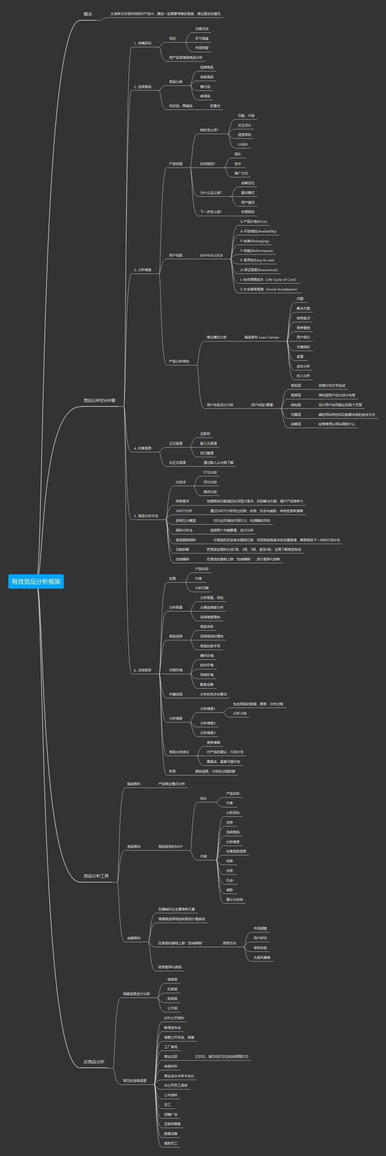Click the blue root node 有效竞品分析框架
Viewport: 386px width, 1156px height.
point(36,581)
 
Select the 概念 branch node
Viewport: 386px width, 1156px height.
point(88,14)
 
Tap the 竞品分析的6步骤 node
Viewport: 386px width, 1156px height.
point(99,400)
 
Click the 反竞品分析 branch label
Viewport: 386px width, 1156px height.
point(94,1062)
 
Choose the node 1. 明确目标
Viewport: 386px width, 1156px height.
point(143,43)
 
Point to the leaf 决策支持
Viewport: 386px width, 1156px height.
point(202,29)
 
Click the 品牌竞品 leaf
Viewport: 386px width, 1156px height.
point(207,67)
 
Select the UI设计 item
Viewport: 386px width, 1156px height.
point(243,144)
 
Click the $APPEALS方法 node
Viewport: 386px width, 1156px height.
point(211,255)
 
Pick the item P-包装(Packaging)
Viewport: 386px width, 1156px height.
point(254,241)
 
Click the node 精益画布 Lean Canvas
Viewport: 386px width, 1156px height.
point(261,337)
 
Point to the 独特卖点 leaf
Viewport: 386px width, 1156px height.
point(303,318)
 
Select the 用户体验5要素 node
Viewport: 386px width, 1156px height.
point(262,405)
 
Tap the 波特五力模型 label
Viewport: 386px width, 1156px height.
point(185,521)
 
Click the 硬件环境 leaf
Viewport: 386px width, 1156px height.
point(207,656)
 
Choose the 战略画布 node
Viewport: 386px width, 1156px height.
point(134,938)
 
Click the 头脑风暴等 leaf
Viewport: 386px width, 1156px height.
point(262,957)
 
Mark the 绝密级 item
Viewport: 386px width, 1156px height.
point(172,979)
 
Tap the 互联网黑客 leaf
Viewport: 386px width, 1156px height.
point(173,1124)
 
